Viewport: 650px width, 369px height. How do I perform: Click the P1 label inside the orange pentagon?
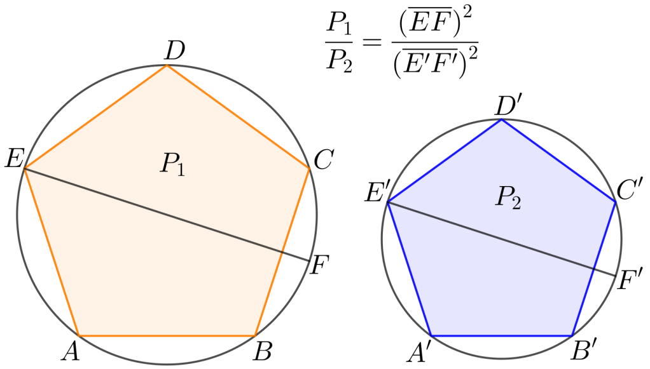coord(172,165)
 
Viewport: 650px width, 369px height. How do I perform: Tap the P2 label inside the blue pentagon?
coord(508,199)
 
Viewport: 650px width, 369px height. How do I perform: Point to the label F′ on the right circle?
coord(630,280)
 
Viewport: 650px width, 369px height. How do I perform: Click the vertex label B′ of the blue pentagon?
coord(583,350)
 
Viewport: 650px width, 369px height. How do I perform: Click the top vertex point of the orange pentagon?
coord(167,65)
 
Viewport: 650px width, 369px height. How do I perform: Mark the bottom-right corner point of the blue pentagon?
coord(572,335)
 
